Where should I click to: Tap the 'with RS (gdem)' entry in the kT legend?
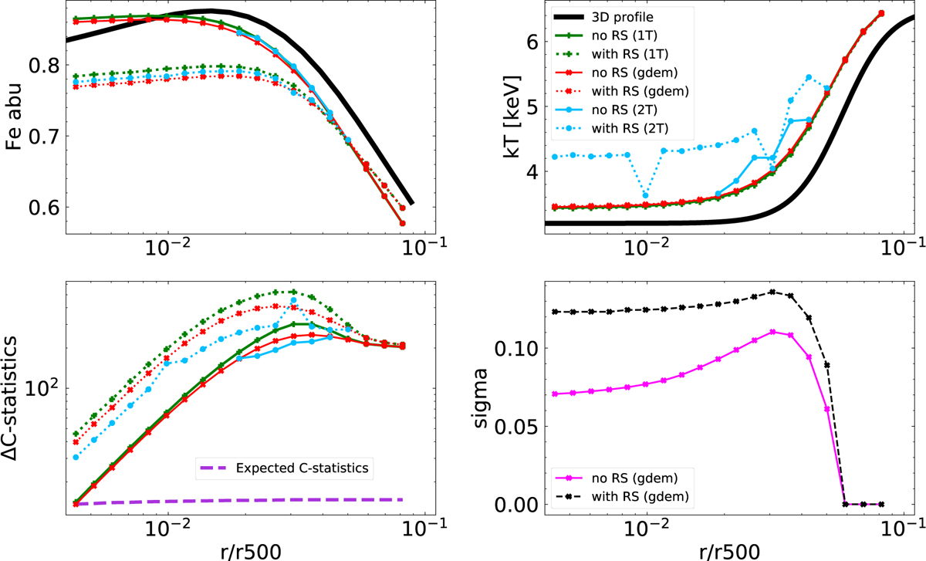[607, 91]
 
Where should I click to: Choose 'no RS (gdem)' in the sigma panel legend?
[607, 474]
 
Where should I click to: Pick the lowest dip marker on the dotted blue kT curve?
[645, 195]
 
